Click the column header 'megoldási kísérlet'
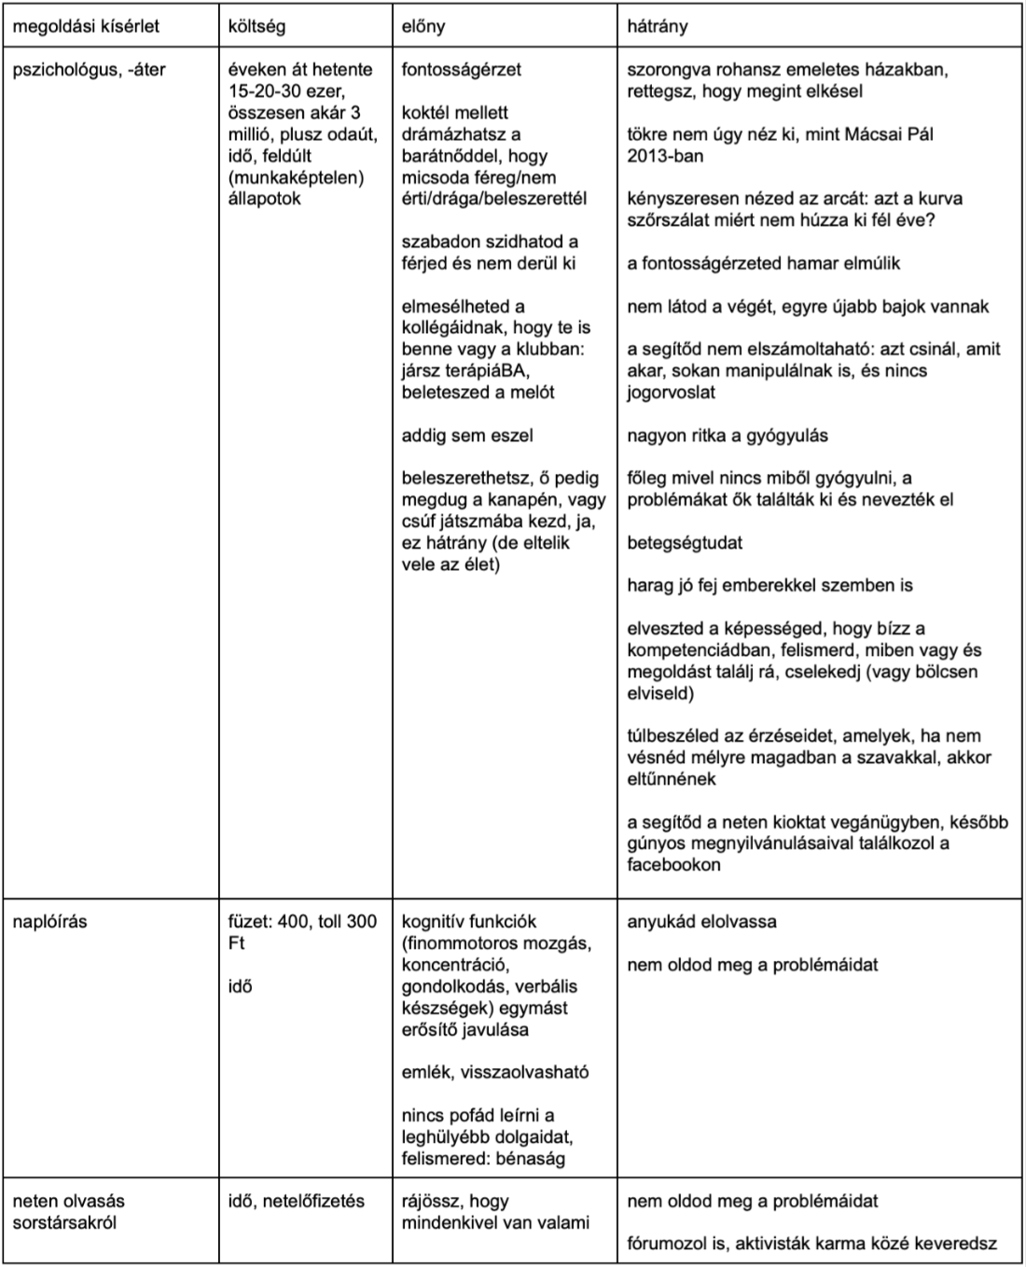(x=86, y=26)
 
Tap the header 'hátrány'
(x=658, y=26)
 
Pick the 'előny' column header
(x=423, y=26)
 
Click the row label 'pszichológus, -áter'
(x=89, y=70)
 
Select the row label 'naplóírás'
(x=49, y=922)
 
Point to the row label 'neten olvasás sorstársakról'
(x=68, y=1211)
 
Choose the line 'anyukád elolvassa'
(x=701, y=922)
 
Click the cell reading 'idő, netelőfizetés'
(x=297, y=1201)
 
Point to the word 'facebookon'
(x=673, y=865)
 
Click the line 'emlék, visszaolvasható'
(x=495, y=1072)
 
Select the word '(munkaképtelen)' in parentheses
(x=296, y=177)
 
